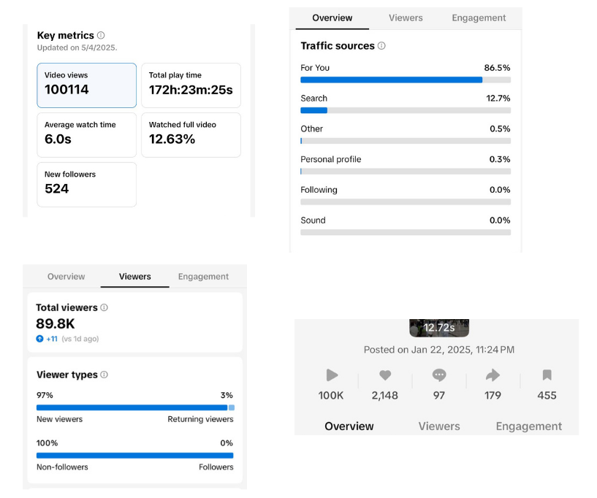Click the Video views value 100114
click(66, 90)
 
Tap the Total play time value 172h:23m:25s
click(191, 90)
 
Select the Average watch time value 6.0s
click(58, 139)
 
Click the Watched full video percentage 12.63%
click(172, 139)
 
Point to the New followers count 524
click(56, 189)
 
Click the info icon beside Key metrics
click(101, 35)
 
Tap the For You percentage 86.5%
click(498, 68)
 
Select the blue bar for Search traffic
click(313, 110)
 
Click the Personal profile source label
click(330, 159)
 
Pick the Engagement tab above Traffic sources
click(479, 18)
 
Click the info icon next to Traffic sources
click(381, 46)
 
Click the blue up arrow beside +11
click(39, 339)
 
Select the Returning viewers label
click(200, 419)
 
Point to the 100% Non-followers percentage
click(47, 443)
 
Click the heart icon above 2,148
click(385, 375)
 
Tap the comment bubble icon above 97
click(439, 375)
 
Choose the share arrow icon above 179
click(493, 375)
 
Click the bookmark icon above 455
click(547, 375)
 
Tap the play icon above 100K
click(332, 375)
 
